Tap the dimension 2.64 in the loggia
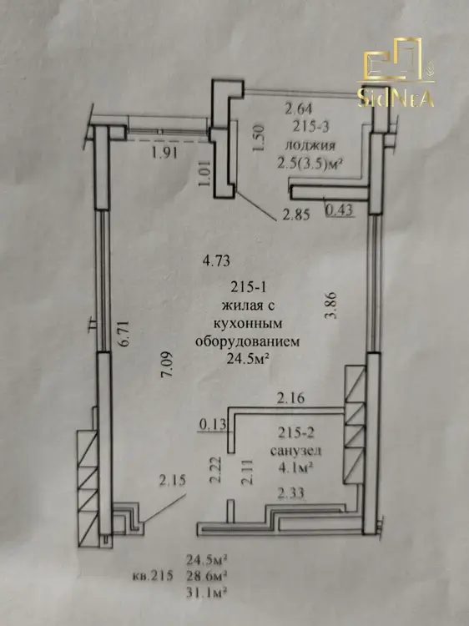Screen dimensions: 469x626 click(x=298, y=109)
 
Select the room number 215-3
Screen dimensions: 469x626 click(x=310, y=127)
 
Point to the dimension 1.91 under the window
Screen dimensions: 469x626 click(x=164, y=153)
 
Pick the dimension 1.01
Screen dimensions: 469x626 click(x=204, y=174)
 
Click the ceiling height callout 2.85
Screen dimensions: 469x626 click(x=295, y=215)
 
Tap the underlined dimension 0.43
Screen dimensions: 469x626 click(x=340, y=210)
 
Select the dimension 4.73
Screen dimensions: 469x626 click(x=217, y=261)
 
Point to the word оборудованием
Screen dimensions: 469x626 click(x=248, y=342)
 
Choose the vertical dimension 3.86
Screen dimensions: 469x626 click(x=331, y=305)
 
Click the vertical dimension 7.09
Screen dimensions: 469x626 click(x=166, y=364)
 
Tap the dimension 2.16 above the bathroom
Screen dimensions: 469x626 click(x=291, y=397)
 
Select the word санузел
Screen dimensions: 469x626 click(x=295, y=451)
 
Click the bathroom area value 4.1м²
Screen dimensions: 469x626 click(x=295, y=467)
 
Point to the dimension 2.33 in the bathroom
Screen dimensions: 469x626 click(x=290, y=493)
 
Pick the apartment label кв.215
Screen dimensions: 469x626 click(x=153, y=576)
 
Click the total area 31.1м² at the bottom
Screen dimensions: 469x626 click(x=207, y=592)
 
